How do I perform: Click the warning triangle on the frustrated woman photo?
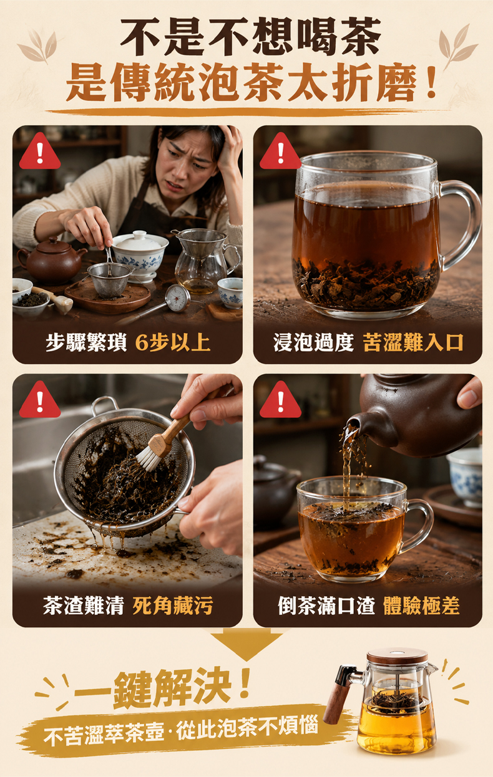[x=39, y=152]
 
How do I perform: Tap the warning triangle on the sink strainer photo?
[x=39, y=400]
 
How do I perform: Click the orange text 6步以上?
[x=172, y=342]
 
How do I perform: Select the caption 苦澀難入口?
[x=412, y=342]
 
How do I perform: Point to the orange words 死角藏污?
[x=172, y=606]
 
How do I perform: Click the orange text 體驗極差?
[x=421, y=606]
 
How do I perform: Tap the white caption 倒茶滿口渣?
[x=326, y=606]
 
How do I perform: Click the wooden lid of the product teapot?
[x=398, y=655]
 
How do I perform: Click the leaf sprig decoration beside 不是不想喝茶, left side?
[x=38, y=47]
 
